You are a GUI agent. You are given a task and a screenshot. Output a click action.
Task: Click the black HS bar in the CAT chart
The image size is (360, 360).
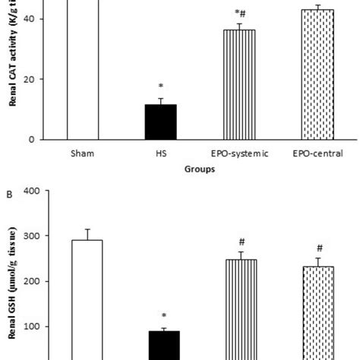[160, 122]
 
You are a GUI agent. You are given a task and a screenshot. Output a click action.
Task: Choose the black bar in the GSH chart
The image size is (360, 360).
[160, 345]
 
